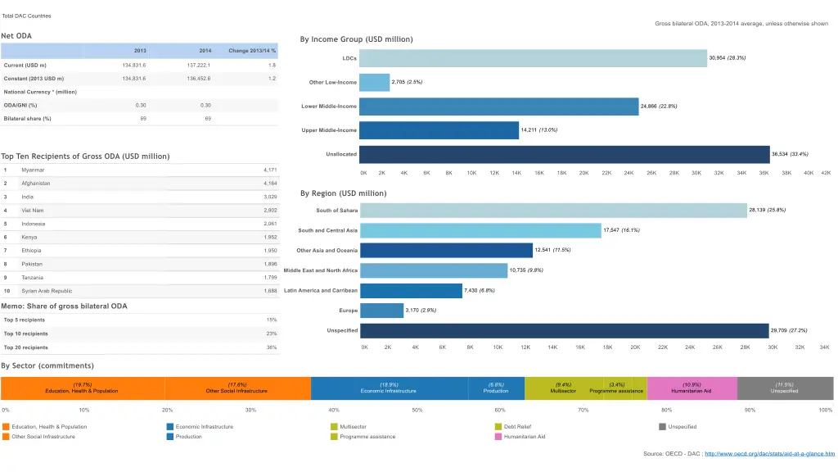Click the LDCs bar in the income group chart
point(533,58)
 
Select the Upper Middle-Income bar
point(439,130)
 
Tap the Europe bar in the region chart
point(381,311)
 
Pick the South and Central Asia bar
point(480,230)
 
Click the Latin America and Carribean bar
point(411,291)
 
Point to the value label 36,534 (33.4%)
point(790,154)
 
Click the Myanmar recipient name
point(34,170)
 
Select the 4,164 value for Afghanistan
point(270,184)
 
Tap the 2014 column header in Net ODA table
point(205,51)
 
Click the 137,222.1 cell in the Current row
point(198,65)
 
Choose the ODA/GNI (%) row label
point(20,105)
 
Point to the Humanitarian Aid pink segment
point(692,388)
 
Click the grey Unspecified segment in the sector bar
point(784,388)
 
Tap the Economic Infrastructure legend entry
point(204,426)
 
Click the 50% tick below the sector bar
point(417,410)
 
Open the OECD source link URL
point(769,453)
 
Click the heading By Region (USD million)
point(343,193)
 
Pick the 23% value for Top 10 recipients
point(272,334)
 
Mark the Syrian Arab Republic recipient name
point(47,291)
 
